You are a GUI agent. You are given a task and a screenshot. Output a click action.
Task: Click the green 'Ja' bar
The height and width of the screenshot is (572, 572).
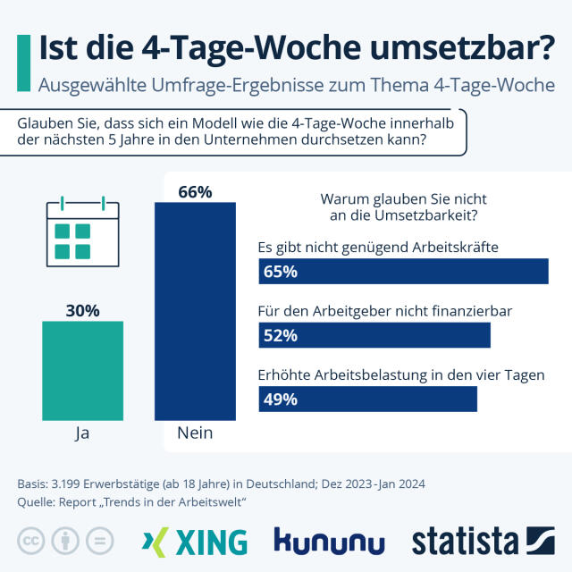tap(82, 370)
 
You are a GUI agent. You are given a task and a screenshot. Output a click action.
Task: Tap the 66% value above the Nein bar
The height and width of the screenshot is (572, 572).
tap(195, 191)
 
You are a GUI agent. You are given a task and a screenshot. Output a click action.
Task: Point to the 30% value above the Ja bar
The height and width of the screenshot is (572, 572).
tap(82, 311)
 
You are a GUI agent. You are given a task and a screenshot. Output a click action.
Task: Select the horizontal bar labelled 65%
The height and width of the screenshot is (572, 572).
tap(403, 272)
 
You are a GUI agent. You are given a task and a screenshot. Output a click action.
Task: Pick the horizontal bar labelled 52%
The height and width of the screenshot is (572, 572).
tap(374, 335)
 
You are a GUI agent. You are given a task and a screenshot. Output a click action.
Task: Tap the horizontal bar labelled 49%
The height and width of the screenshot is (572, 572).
tap(367, 399)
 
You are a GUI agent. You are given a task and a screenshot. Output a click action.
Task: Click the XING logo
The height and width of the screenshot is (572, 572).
tap(195, 542)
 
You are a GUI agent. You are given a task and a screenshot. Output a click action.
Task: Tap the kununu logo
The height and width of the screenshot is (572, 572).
tap(329, 542)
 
